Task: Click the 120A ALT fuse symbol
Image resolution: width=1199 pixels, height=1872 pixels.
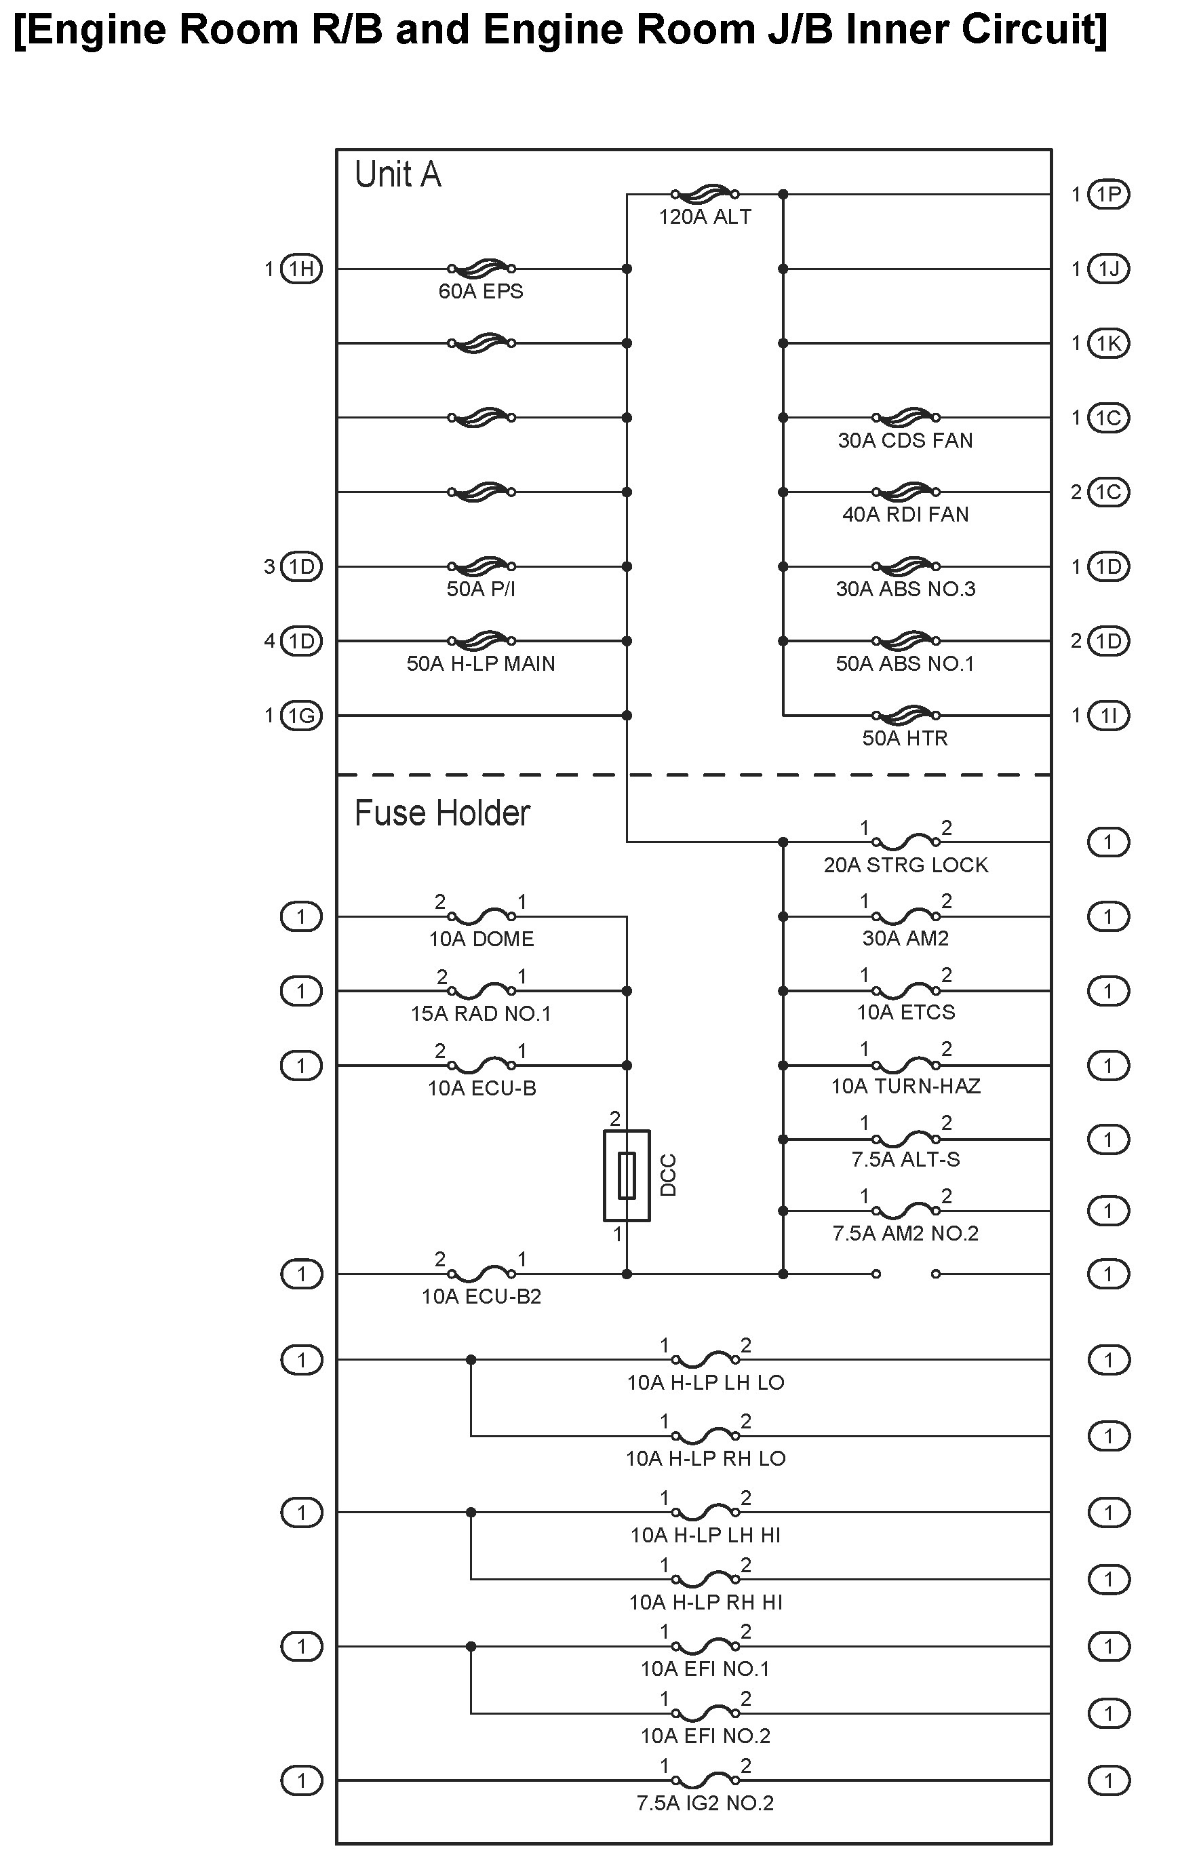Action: click(x=705, y=193)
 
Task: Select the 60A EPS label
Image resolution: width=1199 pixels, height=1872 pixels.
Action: click(x=480, y=291)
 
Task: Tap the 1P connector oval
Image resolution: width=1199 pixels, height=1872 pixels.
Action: click(x=1108, y=195)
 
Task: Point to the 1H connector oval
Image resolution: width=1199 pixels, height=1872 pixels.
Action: click(x=301, y=269)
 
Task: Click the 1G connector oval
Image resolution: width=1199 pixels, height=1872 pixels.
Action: click(x=301, y=716)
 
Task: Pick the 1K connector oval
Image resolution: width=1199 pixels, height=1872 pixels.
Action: click(x=1108, y=343)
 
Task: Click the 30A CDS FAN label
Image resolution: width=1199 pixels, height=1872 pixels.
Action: click(x=905, y=441)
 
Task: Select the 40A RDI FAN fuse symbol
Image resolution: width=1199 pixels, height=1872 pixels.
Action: click(x=905, y=491)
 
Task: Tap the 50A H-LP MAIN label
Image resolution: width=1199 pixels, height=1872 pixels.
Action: click(x=480, y=663)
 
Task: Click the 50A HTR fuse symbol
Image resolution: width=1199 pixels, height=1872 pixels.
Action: click(x=905, y=714)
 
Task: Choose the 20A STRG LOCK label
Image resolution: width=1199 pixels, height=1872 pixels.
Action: click(x=905, y=865)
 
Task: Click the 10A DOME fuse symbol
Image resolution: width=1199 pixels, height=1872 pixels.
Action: click(x=481, y=916)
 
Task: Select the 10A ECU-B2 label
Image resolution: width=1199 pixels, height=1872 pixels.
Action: click(x=481, y=1297)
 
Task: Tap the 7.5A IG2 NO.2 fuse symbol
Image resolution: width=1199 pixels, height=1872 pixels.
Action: click(x=705, y=1780)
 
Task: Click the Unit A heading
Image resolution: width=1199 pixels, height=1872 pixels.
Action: click(x=398, y=174)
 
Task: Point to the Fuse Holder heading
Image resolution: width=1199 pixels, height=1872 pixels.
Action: click(x=441, y=813)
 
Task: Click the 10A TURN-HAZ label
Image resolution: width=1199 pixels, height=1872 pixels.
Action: click(x=905, y=1087)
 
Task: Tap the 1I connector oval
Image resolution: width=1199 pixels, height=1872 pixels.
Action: click(x=1108, y=716)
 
